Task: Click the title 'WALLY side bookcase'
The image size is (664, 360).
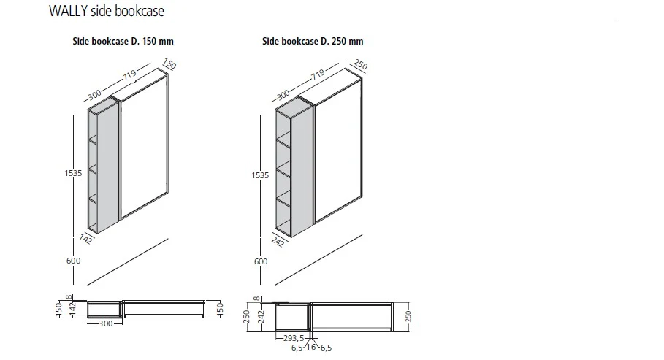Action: (106, 12)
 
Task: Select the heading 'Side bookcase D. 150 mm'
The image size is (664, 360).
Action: (122, 42)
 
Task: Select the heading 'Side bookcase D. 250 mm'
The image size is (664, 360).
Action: (313, 42)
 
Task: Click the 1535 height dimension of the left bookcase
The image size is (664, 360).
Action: (72, 173)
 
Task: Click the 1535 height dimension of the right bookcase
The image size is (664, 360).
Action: (261, 175)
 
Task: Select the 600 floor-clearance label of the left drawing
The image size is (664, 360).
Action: (73, 261)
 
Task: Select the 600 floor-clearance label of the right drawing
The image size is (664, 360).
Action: (262, 261)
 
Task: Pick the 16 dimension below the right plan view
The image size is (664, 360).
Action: (313, 348)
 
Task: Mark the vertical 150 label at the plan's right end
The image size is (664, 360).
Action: (219, 309)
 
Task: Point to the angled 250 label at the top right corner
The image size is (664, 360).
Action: (360, 66)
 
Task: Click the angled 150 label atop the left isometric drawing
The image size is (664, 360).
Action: (171, 65)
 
